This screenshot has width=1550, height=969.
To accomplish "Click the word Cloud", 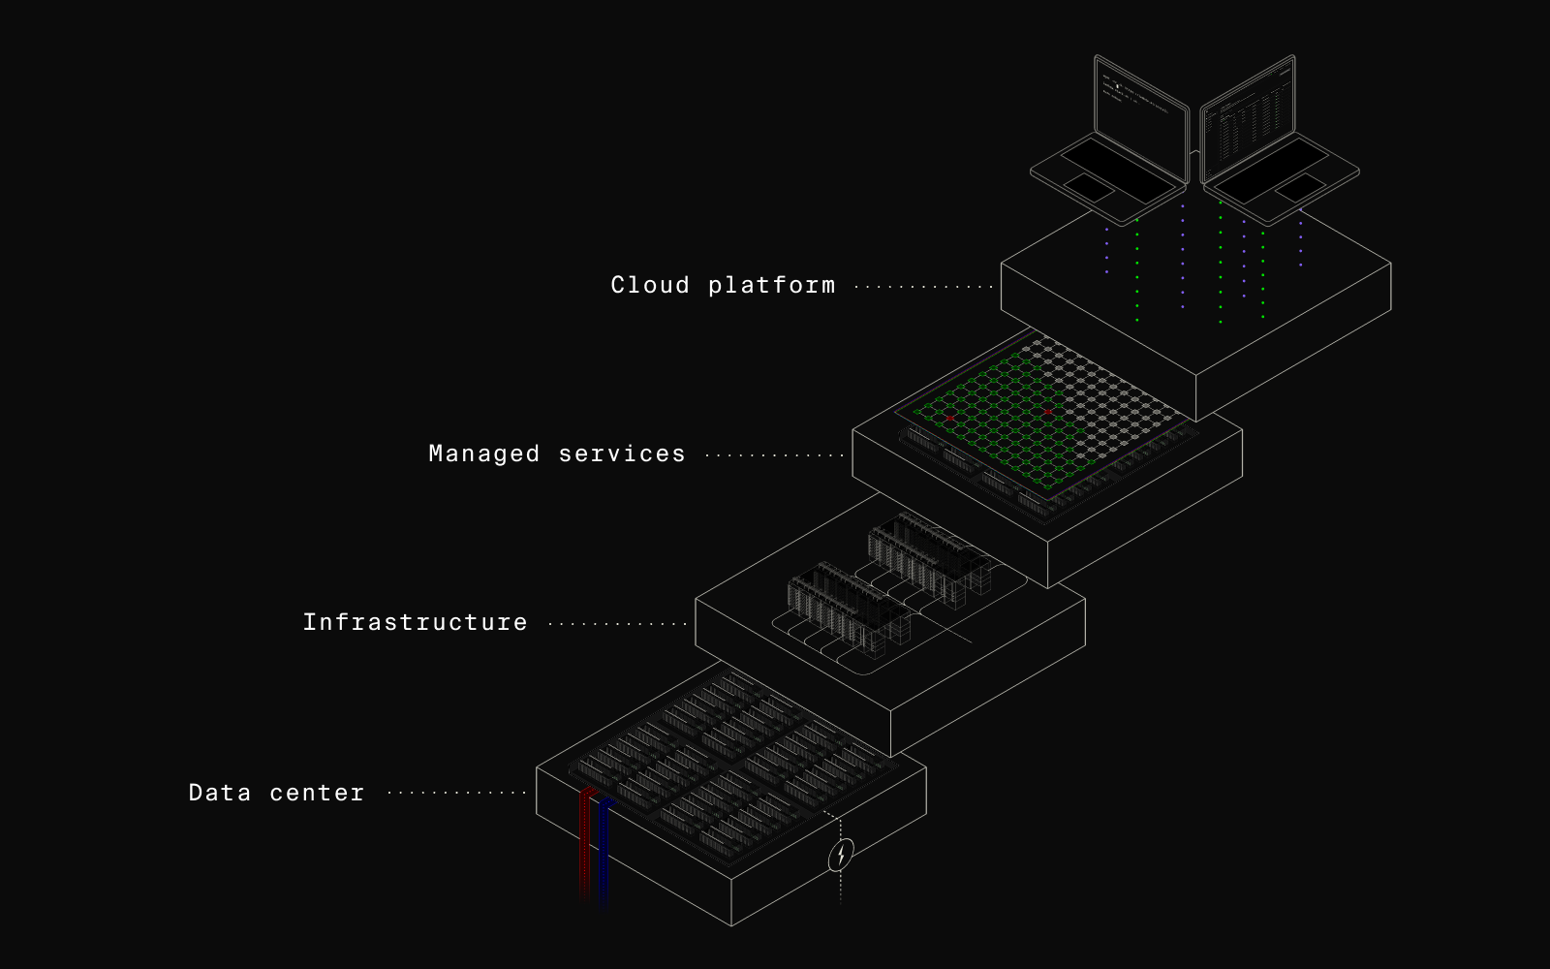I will [650, 285].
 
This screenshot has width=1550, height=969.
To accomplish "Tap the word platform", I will [771, 286].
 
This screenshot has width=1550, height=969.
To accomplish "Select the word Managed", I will [483, 454].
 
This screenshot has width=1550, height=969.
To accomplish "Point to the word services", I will [622, 453].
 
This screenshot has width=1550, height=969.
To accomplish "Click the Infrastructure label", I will [415, 622].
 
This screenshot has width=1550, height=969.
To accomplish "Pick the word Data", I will [219, 793].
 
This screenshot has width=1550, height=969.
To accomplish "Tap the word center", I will [317, 793].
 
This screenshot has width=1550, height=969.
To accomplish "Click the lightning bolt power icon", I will [841, 855].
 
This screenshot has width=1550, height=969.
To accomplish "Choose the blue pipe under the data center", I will [602, 853].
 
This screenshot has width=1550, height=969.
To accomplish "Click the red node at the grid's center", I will [1048, 412].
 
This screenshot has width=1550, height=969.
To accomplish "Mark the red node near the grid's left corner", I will [950, 418].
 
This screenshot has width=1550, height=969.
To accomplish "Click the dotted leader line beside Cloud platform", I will [922, 287].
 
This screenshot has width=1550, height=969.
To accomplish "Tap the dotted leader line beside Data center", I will [455, 793].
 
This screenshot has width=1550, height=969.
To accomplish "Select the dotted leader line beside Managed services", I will [774, 454].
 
